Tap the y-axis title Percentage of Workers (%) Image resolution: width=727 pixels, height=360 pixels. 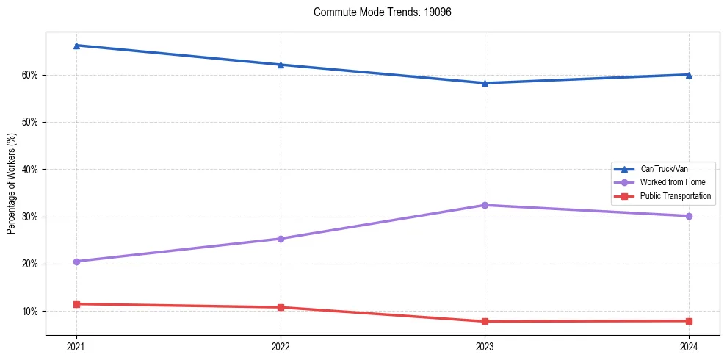pyautogui.click(x=11, y=183)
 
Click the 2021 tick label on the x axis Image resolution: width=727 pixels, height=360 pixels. pyautogui.click(x=76, y=346)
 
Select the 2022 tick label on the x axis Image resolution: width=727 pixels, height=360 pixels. pyautogui.click(x=281, y=346)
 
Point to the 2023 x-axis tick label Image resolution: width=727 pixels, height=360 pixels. pyautogui.click(x=485, y=346)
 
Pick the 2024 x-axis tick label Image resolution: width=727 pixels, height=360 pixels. pyautogui.click(x=689, y=346)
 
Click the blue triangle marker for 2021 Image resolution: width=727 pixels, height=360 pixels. pyautogui.click(x=76, y=46)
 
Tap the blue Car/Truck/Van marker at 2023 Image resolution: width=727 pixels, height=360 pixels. pyautogui.click(x=485, y=83)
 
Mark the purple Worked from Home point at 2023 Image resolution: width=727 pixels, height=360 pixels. pyautogui.click(x=485, y=205)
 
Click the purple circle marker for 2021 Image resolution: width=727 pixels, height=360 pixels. pyautogui.click(x=76, y=262)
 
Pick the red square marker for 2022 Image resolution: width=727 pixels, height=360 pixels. pyautogui.click(x=281, y=307)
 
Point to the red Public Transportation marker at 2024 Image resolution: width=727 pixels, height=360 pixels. pyautogui.click(x=689, y=321)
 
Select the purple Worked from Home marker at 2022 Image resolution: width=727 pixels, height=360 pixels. pyautogui.click(x=281, y=239)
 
